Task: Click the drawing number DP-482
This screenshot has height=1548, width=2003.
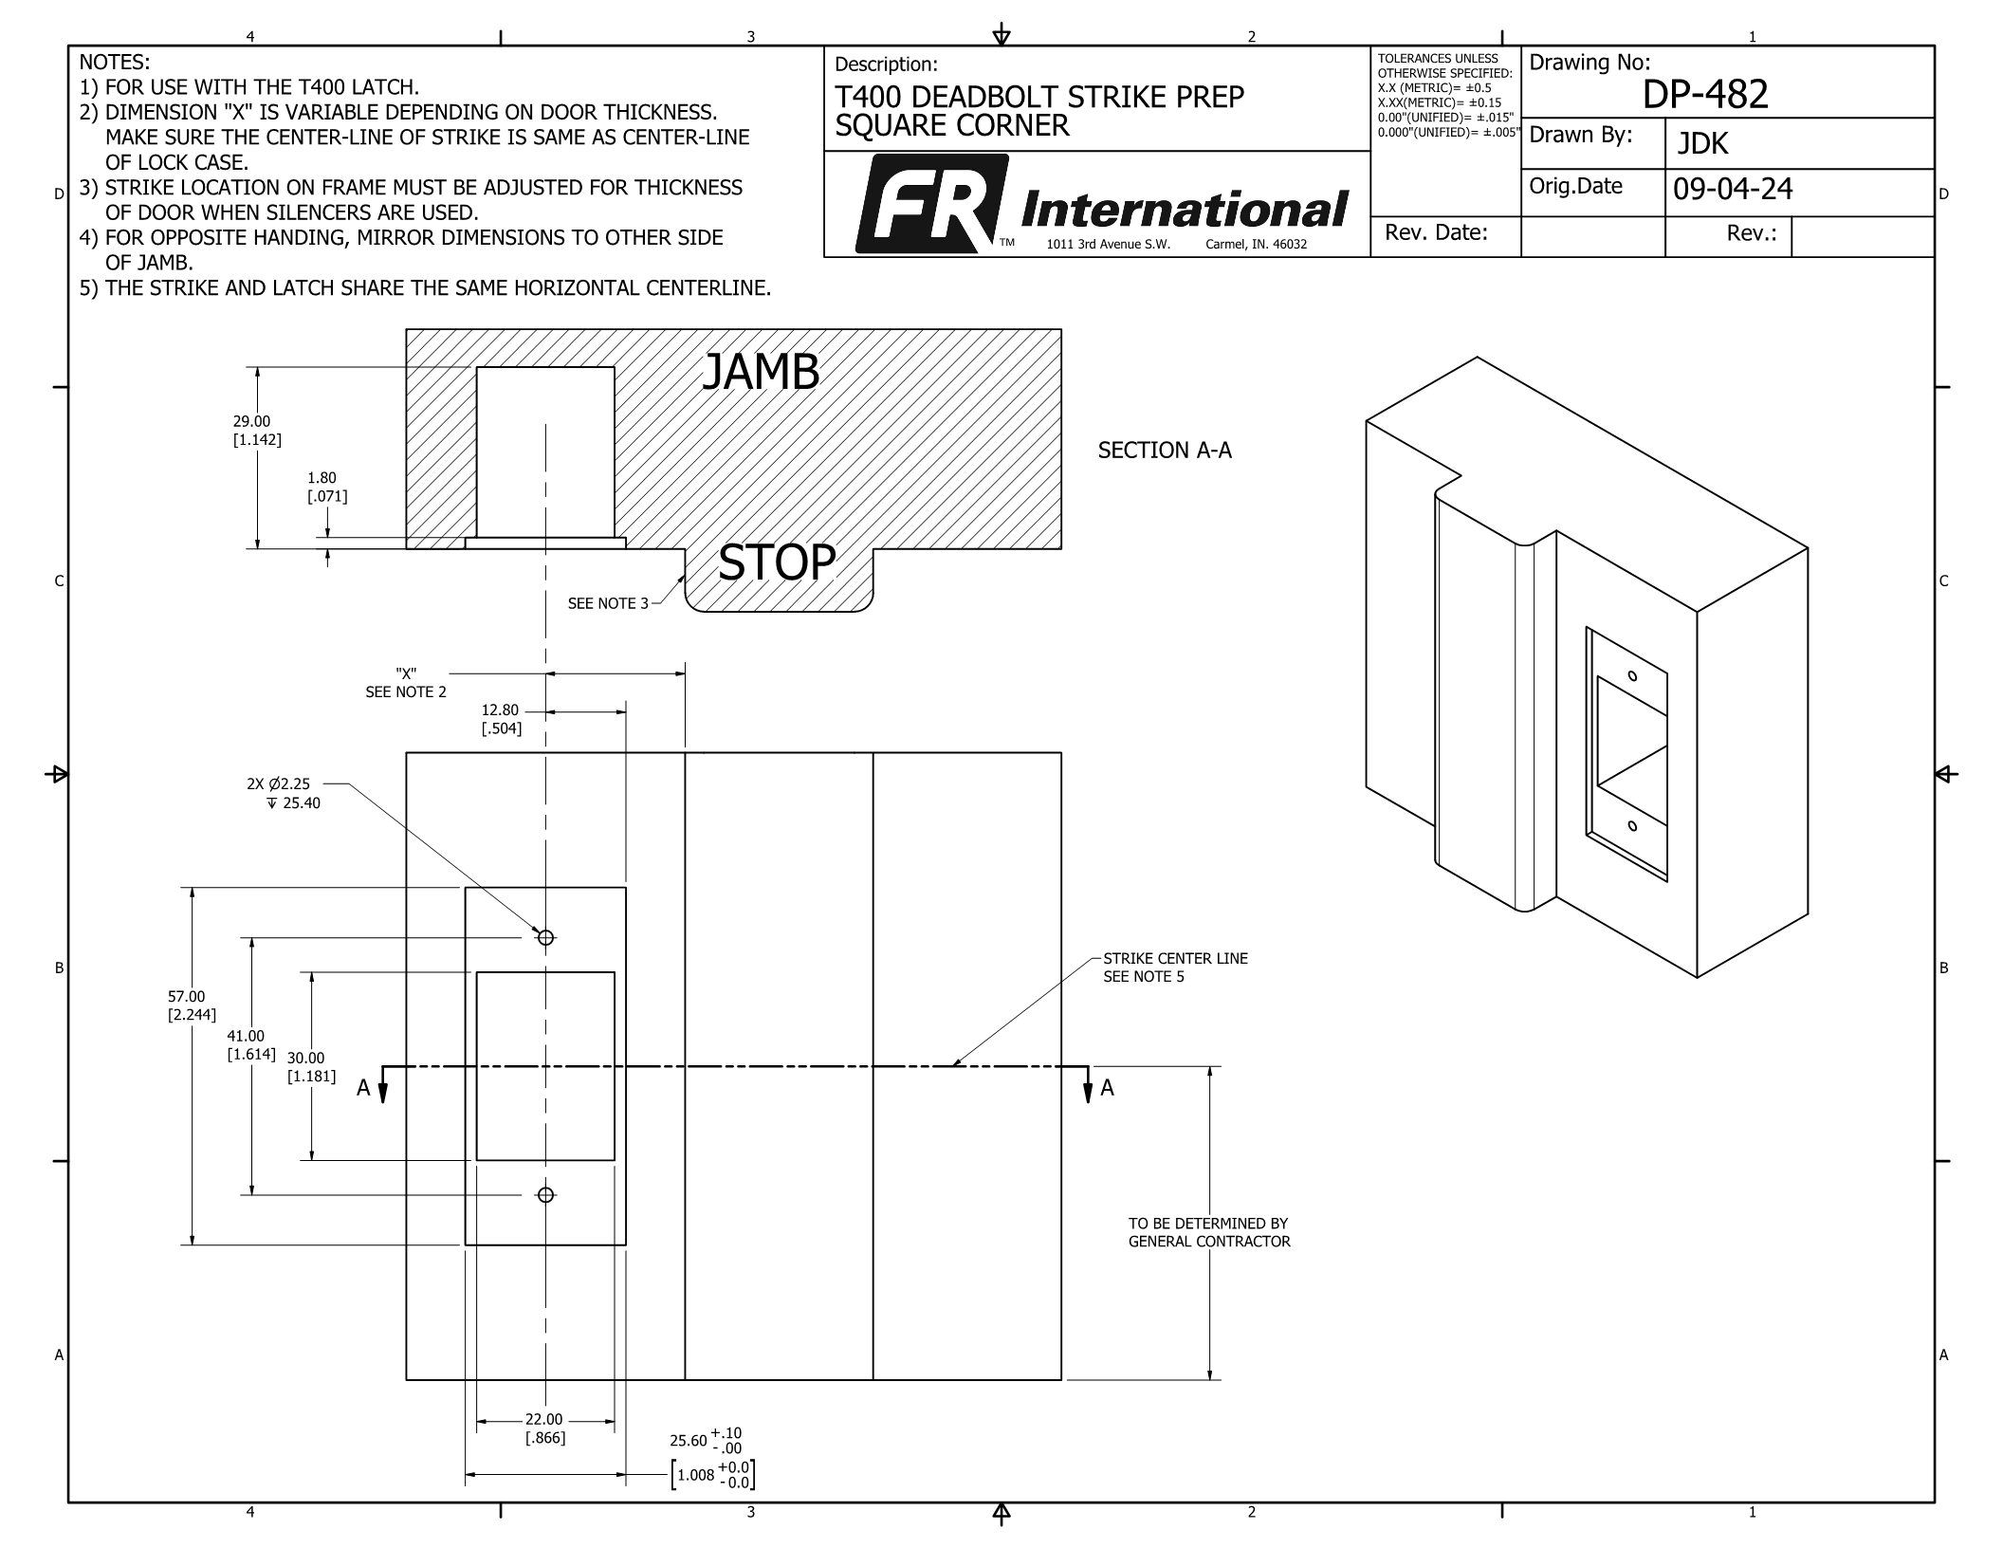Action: coord(1705,95)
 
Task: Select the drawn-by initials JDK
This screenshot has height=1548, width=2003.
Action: coord(1702,144)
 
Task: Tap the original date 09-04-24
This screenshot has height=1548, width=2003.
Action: coord(1733,190)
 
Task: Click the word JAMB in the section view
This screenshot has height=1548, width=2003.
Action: coord(760,373)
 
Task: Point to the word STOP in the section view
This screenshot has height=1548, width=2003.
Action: coord(777,562)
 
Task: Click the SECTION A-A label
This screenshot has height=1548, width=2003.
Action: coord(1164,451)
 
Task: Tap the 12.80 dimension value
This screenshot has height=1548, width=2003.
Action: coord(500,710)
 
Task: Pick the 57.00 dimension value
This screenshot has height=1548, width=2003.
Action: coord(186,996)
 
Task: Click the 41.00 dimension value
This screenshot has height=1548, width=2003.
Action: coord(246,1037)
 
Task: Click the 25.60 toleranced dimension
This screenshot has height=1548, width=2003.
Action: coord(689,1441)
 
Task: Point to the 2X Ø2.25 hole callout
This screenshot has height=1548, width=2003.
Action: coord(278,784)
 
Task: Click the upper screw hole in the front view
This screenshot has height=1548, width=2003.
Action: coord(545,937)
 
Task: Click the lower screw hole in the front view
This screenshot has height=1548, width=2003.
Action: coord(545,1195)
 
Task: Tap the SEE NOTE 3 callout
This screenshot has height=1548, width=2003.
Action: coord(608,603)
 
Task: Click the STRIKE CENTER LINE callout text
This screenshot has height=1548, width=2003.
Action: coord(1175,959)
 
